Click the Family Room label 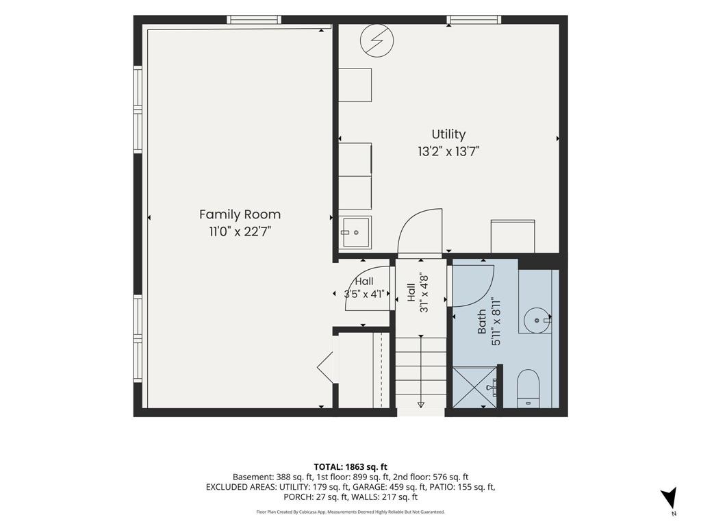(x=240, y=214)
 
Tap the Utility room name (x=448, y=135)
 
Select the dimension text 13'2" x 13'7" (x=448, y=152)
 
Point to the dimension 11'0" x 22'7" (x=240, y=232)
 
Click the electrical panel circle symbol (x=377, y=40)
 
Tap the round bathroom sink (x=537, y=321)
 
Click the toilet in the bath (x=528, y=388)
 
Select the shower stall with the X (x=475, y=388)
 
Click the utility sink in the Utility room (x=355, y=233)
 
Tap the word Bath (x=482, y=322)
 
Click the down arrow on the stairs (x=421, y=405)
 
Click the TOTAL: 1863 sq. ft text (x=350, y=467)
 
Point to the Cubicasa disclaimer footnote (x=350, y=512)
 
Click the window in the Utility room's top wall (x=474, y=20)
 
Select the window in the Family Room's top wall (x=254, y=20)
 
